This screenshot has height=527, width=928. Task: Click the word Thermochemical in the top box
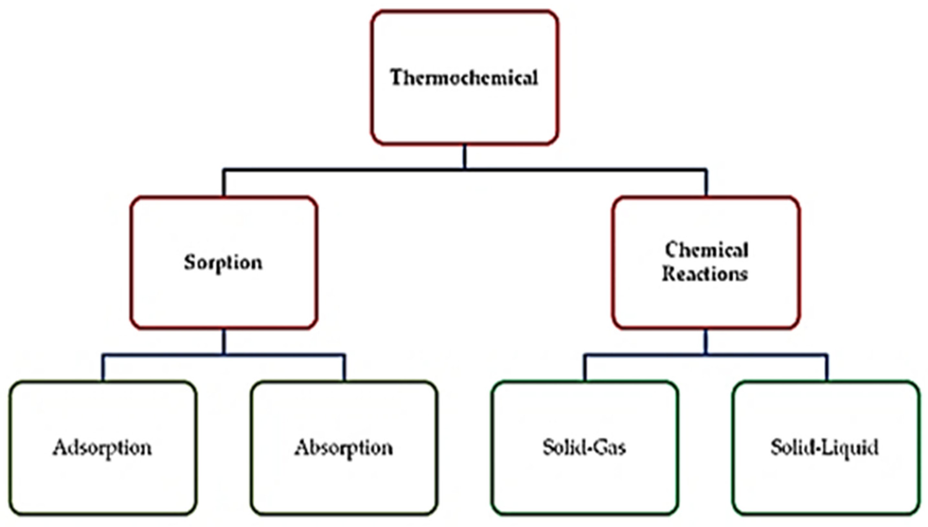[x=464, y=78]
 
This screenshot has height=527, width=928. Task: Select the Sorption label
[x=223, y=263]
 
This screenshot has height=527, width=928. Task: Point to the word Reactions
[x=705, y=274]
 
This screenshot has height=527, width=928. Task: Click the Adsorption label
[x=103, y=448]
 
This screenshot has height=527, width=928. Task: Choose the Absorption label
[x=343, y=448]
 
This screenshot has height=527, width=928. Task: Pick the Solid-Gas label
[x=584, y=448]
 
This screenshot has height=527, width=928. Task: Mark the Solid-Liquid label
[x=825, y=448]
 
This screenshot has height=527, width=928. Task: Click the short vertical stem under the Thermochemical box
[x=465, y=157]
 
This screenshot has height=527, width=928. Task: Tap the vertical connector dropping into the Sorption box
[x=224, y=183]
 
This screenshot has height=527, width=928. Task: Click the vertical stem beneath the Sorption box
[x=224, y=341]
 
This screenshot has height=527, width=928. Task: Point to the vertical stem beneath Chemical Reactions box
[x=705, y=341]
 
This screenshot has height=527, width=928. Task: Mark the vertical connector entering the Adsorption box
[x=103, y=367]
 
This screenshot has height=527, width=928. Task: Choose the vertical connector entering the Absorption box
[x=344, y=367]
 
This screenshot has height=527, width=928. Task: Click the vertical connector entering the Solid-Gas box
[x=585, y=367]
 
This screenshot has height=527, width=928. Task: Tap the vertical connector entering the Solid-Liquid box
[x=827, y=367]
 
